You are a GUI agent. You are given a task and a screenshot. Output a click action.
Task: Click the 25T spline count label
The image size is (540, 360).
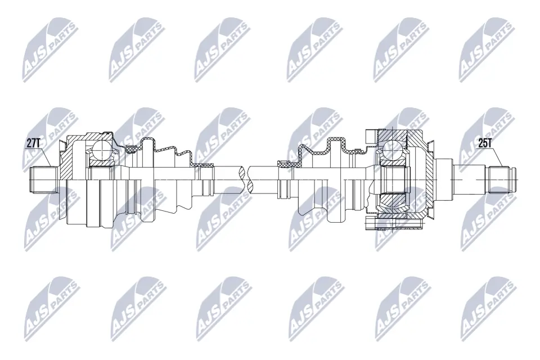(485, 143)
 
